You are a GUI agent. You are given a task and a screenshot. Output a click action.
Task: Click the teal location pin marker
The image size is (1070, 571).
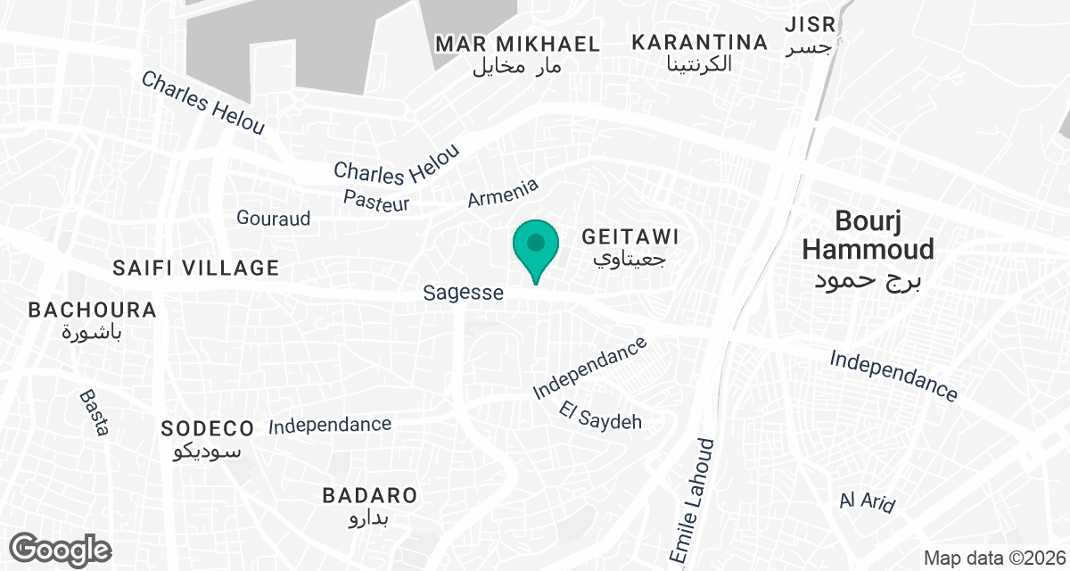(535, 245)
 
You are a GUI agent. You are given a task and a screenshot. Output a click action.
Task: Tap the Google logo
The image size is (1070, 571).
(61, 549)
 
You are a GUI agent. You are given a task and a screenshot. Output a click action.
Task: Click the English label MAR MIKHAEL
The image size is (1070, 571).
(517, 44)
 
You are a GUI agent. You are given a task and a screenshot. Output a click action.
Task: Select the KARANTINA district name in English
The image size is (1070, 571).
(700, 42)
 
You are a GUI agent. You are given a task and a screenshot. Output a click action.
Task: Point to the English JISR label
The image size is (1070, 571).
(810, 24)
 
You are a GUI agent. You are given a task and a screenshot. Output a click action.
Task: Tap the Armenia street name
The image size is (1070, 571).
(503, 193)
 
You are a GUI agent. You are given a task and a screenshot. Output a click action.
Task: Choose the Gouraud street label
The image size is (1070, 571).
(273, 218)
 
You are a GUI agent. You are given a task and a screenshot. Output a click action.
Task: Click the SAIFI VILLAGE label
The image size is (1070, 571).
(196, 268)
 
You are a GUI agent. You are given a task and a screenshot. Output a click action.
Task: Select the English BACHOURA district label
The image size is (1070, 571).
(93, 310)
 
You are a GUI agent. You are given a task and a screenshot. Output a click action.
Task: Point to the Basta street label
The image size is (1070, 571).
(94, 412)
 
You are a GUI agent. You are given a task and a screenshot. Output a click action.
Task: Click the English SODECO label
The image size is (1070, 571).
(208, 428)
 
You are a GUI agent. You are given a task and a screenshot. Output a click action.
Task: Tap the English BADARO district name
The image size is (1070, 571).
(370, 496)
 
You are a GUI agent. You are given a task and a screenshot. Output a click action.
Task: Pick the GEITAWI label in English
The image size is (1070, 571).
(630, 237)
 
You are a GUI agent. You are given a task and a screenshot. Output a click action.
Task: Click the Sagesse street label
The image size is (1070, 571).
(463, 293)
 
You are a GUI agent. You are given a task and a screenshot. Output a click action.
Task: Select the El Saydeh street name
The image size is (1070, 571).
(601, 416)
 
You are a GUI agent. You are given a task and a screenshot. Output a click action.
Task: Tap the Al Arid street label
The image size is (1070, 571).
(867, 501)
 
